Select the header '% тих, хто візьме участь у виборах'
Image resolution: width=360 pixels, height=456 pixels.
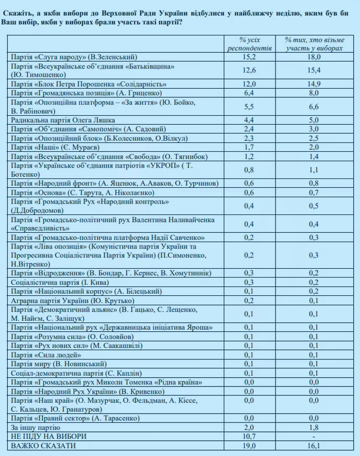coord(314,44)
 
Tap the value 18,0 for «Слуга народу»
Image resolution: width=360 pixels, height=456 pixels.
coord(313,56)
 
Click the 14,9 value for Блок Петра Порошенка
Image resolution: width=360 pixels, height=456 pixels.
coord(313,84)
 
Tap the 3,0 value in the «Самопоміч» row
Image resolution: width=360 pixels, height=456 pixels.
coord(313,129)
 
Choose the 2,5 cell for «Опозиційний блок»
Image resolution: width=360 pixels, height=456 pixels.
coord(313,138)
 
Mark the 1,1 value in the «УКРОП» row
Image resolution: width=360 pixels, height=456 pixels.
coord(313,170)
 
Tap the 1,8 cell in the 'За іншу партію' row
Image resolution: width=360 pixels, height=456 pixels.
coord(313,427)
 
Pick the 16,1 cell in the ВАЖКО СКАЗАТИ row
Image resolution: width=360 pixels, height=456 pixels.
coord(313,446)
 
